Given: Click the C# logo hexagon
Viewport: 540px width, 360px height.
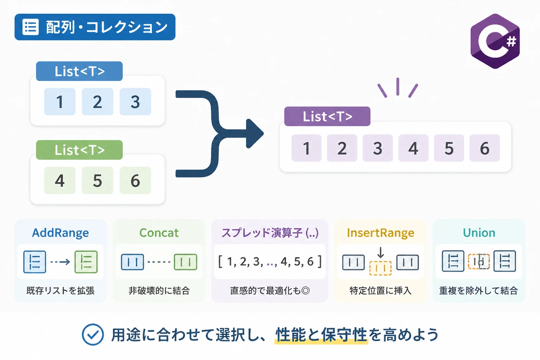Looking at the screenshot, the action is click(495, 41).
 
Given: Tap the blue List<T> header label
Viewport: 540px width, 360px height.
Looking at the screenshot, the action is click(79, 71).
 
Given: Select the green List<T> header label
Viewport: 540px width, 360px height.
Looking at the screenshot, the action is click(79, 150).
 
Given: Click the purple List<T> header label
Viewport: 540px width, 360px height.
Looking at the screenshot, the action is click(327, 116).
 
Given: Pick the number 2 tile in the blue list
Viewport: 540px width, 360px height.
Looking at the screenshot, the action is click(97, 102).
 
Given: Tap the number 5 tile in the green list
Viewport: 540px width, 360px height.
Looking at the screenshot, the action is click(97, 180).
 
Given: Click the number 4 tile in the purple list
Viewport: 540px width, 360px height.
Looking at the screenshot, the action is click(413, 148).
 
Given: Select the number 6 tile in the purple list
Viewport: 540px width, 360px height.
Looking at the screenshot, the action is click(484, 148).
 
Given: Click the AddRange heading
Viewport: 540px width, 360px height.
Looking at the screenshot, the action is click(60, 233).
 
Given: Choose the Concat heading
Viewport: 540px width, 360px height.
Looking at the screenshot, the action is click(159, 233).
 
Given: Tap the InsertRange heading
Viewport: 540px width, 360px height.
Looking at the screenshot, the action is click(380, 233).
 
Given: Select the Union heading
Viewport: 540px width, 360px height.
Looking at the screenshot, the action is click(479, 233).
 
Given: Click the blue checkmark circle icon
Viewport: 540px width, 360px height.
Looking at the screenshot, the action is click(93, 334).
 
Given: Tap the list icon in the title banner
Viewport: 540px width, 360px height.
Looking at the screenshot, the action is click(30, 27).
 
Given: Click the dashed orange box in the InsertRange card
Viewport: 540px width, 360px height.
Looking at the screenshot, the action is click(380, 268).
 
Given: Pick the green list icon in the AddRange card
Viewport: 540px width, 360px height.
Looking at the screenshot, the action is click(86, 262).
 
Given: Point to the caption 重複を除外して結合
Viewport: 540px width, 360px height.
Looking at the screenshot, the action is click(478, 290).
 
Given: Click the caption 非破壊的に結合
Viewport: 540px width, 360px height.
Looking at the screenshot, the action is click(159, 290).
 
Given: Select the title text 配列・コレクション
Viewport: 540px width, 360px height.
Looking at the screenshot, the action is click(107, 27).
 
